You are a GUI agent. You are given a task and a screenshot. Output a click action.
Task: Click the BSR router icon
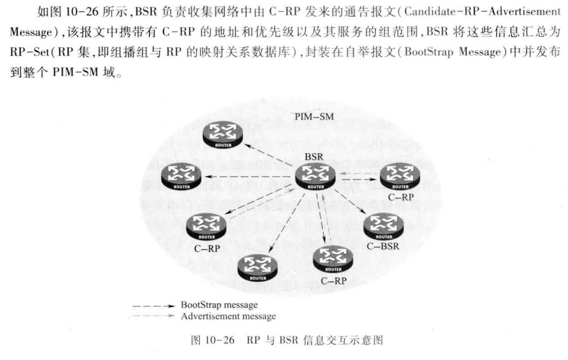[315, 176]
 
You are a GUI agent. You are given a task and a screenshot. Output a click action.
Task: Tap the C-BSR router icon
[383, 226]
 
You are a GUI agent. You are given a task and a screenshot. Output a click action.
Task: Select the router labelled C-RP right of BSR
[400, 176]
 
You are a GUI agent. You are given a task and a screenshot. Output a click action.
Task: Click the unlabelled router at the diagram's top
[223, 134]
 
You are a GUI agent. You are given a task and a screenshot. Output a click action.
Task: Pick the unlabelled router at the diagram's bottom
[258, 268]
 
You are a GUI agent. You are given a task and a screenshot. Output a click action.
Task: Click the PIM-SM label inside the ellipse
[314, 116]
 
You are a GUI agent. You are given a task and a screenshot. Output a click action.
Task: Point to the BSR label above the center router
[314, 157]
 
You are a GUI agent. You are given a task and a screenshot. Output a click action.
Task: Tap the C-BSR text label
[383, 247]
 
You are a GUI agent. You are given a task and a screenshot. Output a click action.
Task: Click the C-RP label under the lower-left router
[207, 249]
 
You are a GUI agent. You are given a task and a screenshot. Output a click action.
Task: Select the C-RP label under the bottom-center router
[333, 281]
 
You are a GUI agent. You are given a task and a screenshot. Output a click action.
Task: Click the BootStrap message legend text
[219, 305]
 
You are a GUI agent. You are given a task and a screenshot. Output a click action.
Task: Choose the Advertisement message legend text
[228, 316]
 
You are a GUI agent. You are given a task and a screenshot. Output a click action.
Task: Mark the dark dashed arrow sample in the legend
[154, 306]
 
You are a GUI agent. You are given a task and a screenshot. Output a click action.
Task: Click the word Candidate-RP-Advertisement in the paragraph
[482, 12]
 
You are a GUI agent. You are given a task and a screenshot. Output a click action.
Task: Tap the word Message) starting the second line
[34, 33]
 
